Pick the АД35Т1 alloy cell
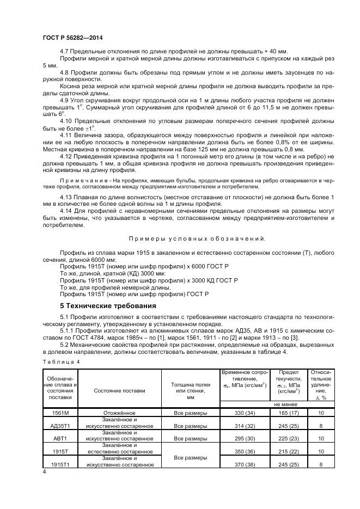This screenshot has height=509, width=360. tap(59, 425)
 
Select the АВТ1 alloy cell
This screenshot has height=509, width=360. tap(59, 438)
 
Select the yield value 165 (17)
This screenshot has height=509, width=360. tap(289, 413)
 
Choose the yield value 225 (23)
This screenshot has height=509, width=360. tap(289, 438)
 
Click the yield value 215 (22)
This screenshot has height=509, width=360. tap(289, 451)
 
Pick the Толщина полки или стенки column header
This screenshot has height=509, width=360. tap(191, 390)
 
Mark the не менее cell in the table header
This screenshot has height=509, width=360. tap(285, 404)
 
